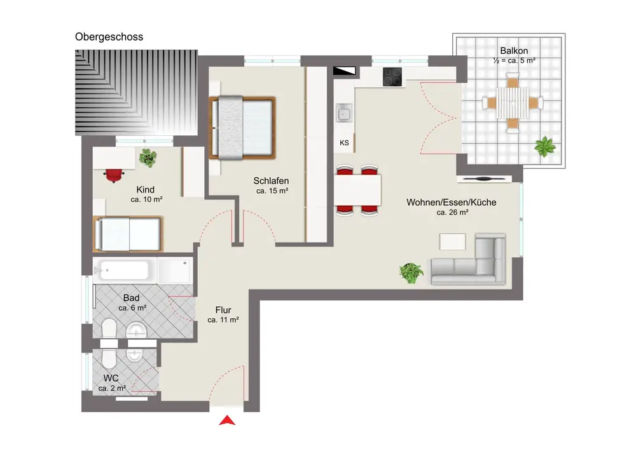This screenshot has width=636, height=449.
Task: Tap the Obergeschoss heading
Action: pos(109,37)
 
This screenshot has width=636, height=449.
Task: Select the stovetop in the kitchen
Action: pos(392,77)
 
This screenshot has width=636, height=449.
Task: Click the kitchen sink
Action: pos(344,112)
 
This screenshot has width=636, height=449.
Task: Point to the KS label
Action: pos(344,143)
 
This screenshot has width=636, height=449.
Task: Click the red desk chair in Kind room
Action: pos(114,175)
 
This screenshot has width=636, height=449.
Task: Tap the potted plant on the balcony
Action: pos(545,147)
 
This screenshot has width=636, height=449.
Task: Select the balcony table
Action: pos(513,103)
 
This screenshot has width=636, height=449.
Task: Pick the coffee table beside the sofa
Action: pos(452,242)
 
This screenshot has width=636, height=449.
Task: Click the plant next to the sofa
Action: pos(411,273)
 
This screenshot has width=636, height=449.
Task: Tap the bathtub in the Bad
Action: pos(124,270)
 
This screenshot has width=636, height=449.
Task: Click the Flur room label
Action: pos(223,310)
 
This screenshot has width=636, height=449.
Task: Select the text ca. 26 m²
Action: pos(452,212)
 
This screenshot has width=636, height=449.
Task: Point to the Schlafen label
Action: pos(272,180)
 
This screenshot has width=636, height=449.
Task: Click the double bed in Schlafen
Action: pos(242,128)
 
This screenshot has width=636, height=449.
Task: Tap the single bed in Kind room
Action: pos(128,234)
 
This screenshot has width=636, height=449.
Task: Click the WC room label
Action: pos(111,378)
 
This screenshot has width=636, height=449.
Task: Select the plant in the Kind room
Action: pos(148,158)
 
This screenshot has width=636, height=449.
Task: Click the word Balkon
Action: pos(514,51)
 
